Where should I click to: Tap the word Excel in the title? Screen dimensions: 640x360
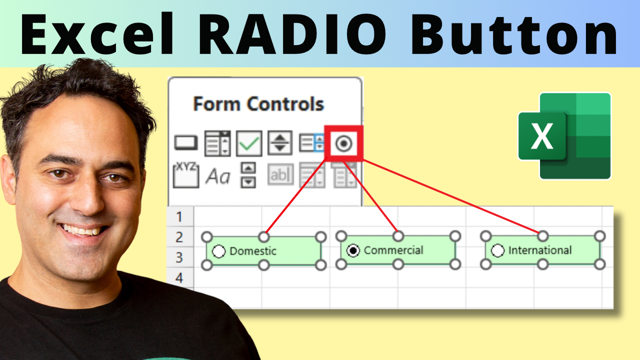coord(97,33)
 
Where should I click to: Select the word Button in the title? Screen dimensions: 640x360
coord(513,34)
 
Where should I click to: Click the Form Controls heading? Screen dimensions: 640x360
coord(258,103)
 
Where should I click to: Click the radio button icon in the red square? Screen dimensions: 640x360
coord(343,143)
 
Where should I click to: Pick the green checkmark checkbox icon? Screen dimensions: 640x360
coord(249,143)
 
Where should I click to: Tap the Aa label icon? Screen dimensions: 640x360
coord(217,176)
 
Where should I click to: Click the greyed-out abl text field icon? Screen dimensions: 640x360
coord(280,174)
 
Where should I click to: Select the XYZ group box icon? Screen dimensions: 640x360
coord(186,175)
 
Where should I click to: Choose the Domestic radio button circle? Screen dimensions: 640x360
coord(219,251)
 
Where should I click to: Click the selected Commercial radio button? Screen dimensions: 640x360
coord(353,250)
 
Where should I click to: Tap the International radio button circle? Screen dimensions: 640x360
coord(497,250)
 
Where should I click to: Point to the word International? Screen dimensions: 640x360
coord(540,250)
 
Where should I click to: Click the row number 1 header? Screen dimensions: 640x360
coord(179,216)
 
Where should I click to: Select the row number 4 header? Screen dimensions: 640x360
coord(179,277)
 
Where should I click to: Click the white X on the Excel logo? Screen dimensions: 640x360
coord(541,136)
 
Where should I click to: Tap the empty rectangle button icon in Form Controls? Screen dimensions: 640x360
coord(186,143)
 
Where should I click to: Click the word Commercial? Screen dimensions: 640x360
coord(393,250)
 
